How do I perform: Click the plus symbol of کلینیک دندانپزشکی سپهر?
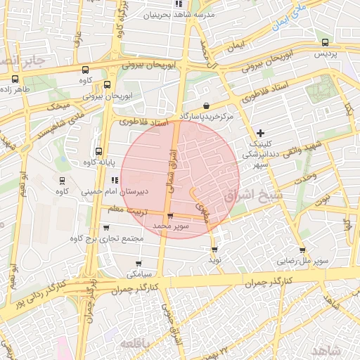[x=260, y=132]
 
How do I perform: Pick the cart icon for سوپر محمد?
[x=169, y=216]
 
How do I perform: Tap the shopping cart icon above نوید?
[x=214, y=249]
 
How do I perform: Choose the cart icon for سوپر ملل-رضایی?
[x=302, y=250]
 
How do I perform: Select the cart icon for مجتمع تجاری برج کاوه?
[x=106, y=227]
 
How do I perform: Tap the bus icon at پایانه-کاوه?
[x=98, y=151]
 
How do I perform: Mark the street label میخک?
[x=58, y=105]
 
